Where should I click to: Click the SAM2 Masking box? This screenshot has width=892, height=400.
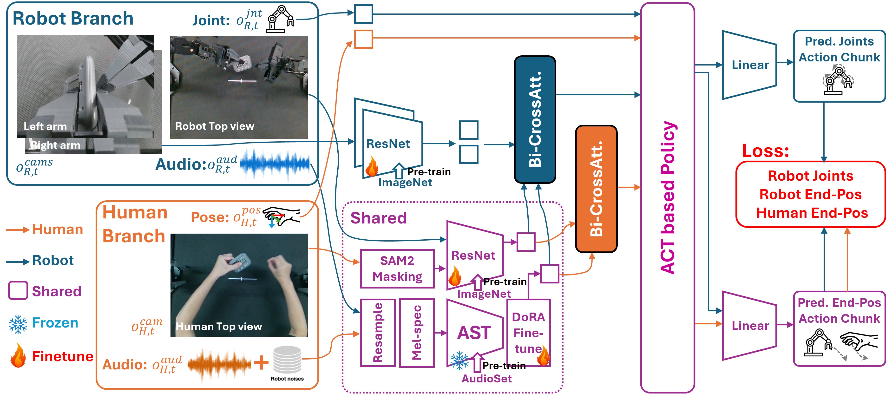pyautogui.click(x=397, y=269)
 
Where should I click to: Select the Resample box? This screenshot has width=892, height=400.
pyautogui.click(x=378, y=333)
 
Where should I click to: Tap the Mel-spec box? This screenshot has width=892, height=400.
pyautogui.click(x=417, y=333)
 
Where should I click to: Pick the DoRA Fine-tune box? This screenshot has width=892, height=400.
pyautogui.click(x=528, y=333)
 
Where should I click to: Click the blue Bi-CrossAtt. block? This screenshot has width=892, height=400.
pyautogui.click(x=535, y=119)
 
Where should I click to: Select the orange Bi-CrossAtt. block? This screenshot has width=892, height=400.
pyautogui.click(x=596, y=189)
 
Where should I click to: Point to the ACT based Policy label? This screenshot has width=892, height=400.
pyautogui.click(x=668, y=197)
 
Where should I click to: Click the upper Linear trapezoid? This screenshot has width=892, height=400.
pyautogui.click(x=749, y=65)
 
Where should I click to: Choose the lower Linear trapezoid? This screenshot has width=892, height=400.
pyautogui.click(x=749, y=326)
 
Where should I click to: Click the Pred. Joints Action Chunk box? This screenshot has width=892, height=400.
pyautogui.click(x=839, y=66)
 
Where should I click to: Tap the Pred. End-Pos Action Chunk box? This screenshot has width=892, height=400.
pyautogui.click(x=839, y=328)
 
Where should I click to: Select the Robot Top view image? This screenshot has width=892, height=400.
pyautogui.click(x=239, y=87)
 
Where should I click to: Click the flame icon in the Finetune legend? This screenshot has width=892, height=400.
pyautogui.click(x=18, y=355)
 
